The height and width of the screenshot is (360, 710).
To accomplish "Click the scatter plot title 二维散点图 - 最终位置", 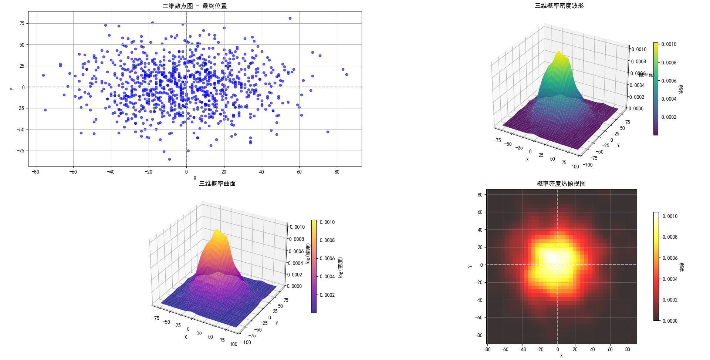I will click(x=195, y=6).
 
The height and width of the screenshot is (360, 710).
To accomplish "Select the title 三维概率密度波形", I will click(x=559, y=6).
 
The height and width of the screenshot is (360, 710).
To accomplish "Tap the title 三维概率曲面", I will click(x=217, y=184).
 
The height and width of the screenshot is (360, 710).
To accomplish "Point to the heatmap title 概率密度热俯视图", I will click(x=561, y=184).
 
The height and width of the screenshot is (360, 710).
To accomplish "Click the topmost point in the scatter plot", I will click(x=290, y=18).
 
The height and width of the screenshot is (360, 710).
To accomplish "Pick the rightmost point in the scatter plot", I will click(x=346, y=74).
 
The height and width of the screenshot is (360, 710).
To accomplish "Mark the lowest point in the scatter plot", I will click(x=169, y=159).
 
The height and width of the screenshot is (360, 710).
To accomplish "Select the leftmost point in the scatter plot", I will click(x=43, y=75).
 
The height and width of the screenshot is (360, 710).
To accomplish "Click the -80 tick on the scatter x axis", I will click(x=35, y=172).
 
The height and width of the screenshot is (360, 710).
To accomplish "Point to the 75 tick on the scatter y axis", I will click(x=22, y=23).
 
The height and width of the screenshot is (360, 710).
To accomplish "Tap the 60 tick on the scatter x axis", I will click(x=299, y=172).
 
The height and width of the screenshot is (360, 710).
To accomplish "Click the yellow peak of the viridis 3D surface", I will click(x=558, y=53).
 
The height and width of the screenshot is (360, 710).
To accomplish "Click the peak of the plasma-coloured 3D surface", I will click(x=217, y=231).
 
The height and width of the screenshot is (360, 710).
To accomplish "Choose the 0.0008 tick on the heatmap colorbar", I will click(x=670, y=237).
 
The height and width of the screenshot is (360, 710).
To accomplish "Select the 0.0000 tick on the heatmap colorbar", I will click(x=670, y=321).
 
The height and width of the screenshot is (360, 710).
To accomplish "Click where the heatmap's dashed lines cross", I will click(x=558, y=265).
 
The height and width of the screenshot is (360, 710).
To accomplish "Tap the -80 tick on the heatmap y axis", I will click(x=480, y=335).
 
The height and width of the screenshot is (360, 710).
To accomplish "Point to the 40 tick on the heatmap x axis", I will click(x=593, y=349).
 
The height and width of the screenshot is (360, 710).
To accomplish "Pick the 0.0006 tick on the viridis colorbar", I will click(x=669, y=81).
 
